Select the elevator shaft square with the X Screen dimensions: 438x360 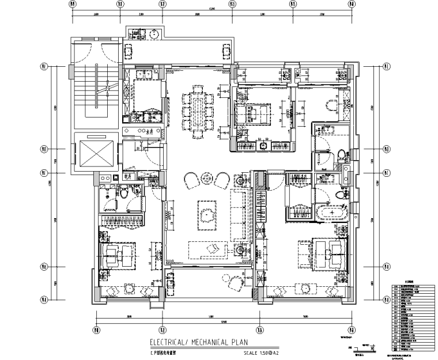pyautogui.click(x=95, y=153)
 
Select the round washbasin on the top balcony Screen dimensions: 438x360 pyautogui.click(x=154, y=34)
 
